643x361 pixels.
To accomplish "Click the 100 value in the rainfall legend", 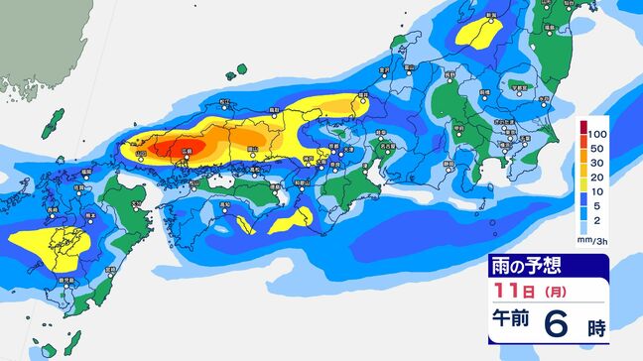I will [x=597, y=132].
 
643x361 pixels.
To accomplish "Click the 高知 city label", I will [x=227, y=204].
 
